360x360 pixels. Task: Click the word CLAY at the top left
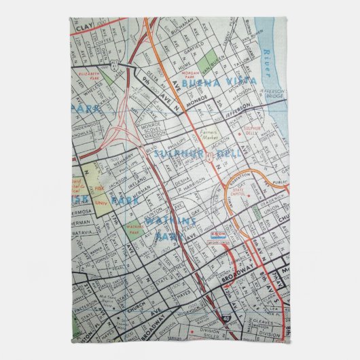(x=84, y=26)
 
